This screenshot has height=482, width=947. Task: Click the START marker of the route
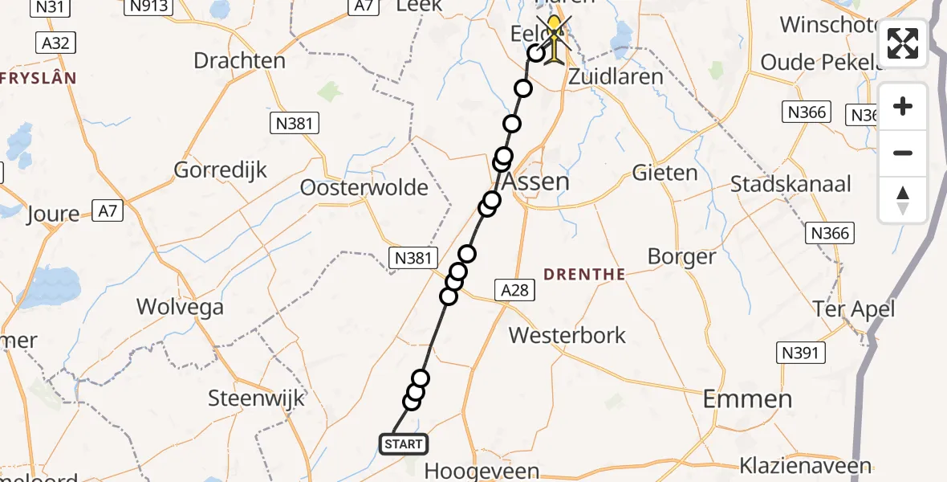(403, 443)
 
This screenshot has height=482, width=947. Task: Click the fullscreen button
(903, 43)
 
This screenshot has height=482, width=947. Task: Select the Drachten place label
(239, 61)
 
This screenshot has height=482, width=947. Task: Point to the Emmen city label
(747, 398)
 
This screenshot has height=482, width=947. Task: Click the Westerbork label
(567, 335)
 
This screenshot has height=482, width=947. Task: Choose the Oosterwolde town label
(364, 187)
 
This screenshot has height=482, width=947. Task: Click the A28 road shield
(514, 290)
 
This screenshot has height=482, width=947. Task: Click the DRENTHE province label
(584, 275)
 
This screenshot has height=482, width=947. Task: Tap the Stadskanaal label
(791, 183)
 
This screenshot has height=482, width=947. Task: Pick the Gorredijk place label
(221, 170)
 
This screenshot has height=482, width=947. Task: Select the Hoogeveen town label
(481, 471)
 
